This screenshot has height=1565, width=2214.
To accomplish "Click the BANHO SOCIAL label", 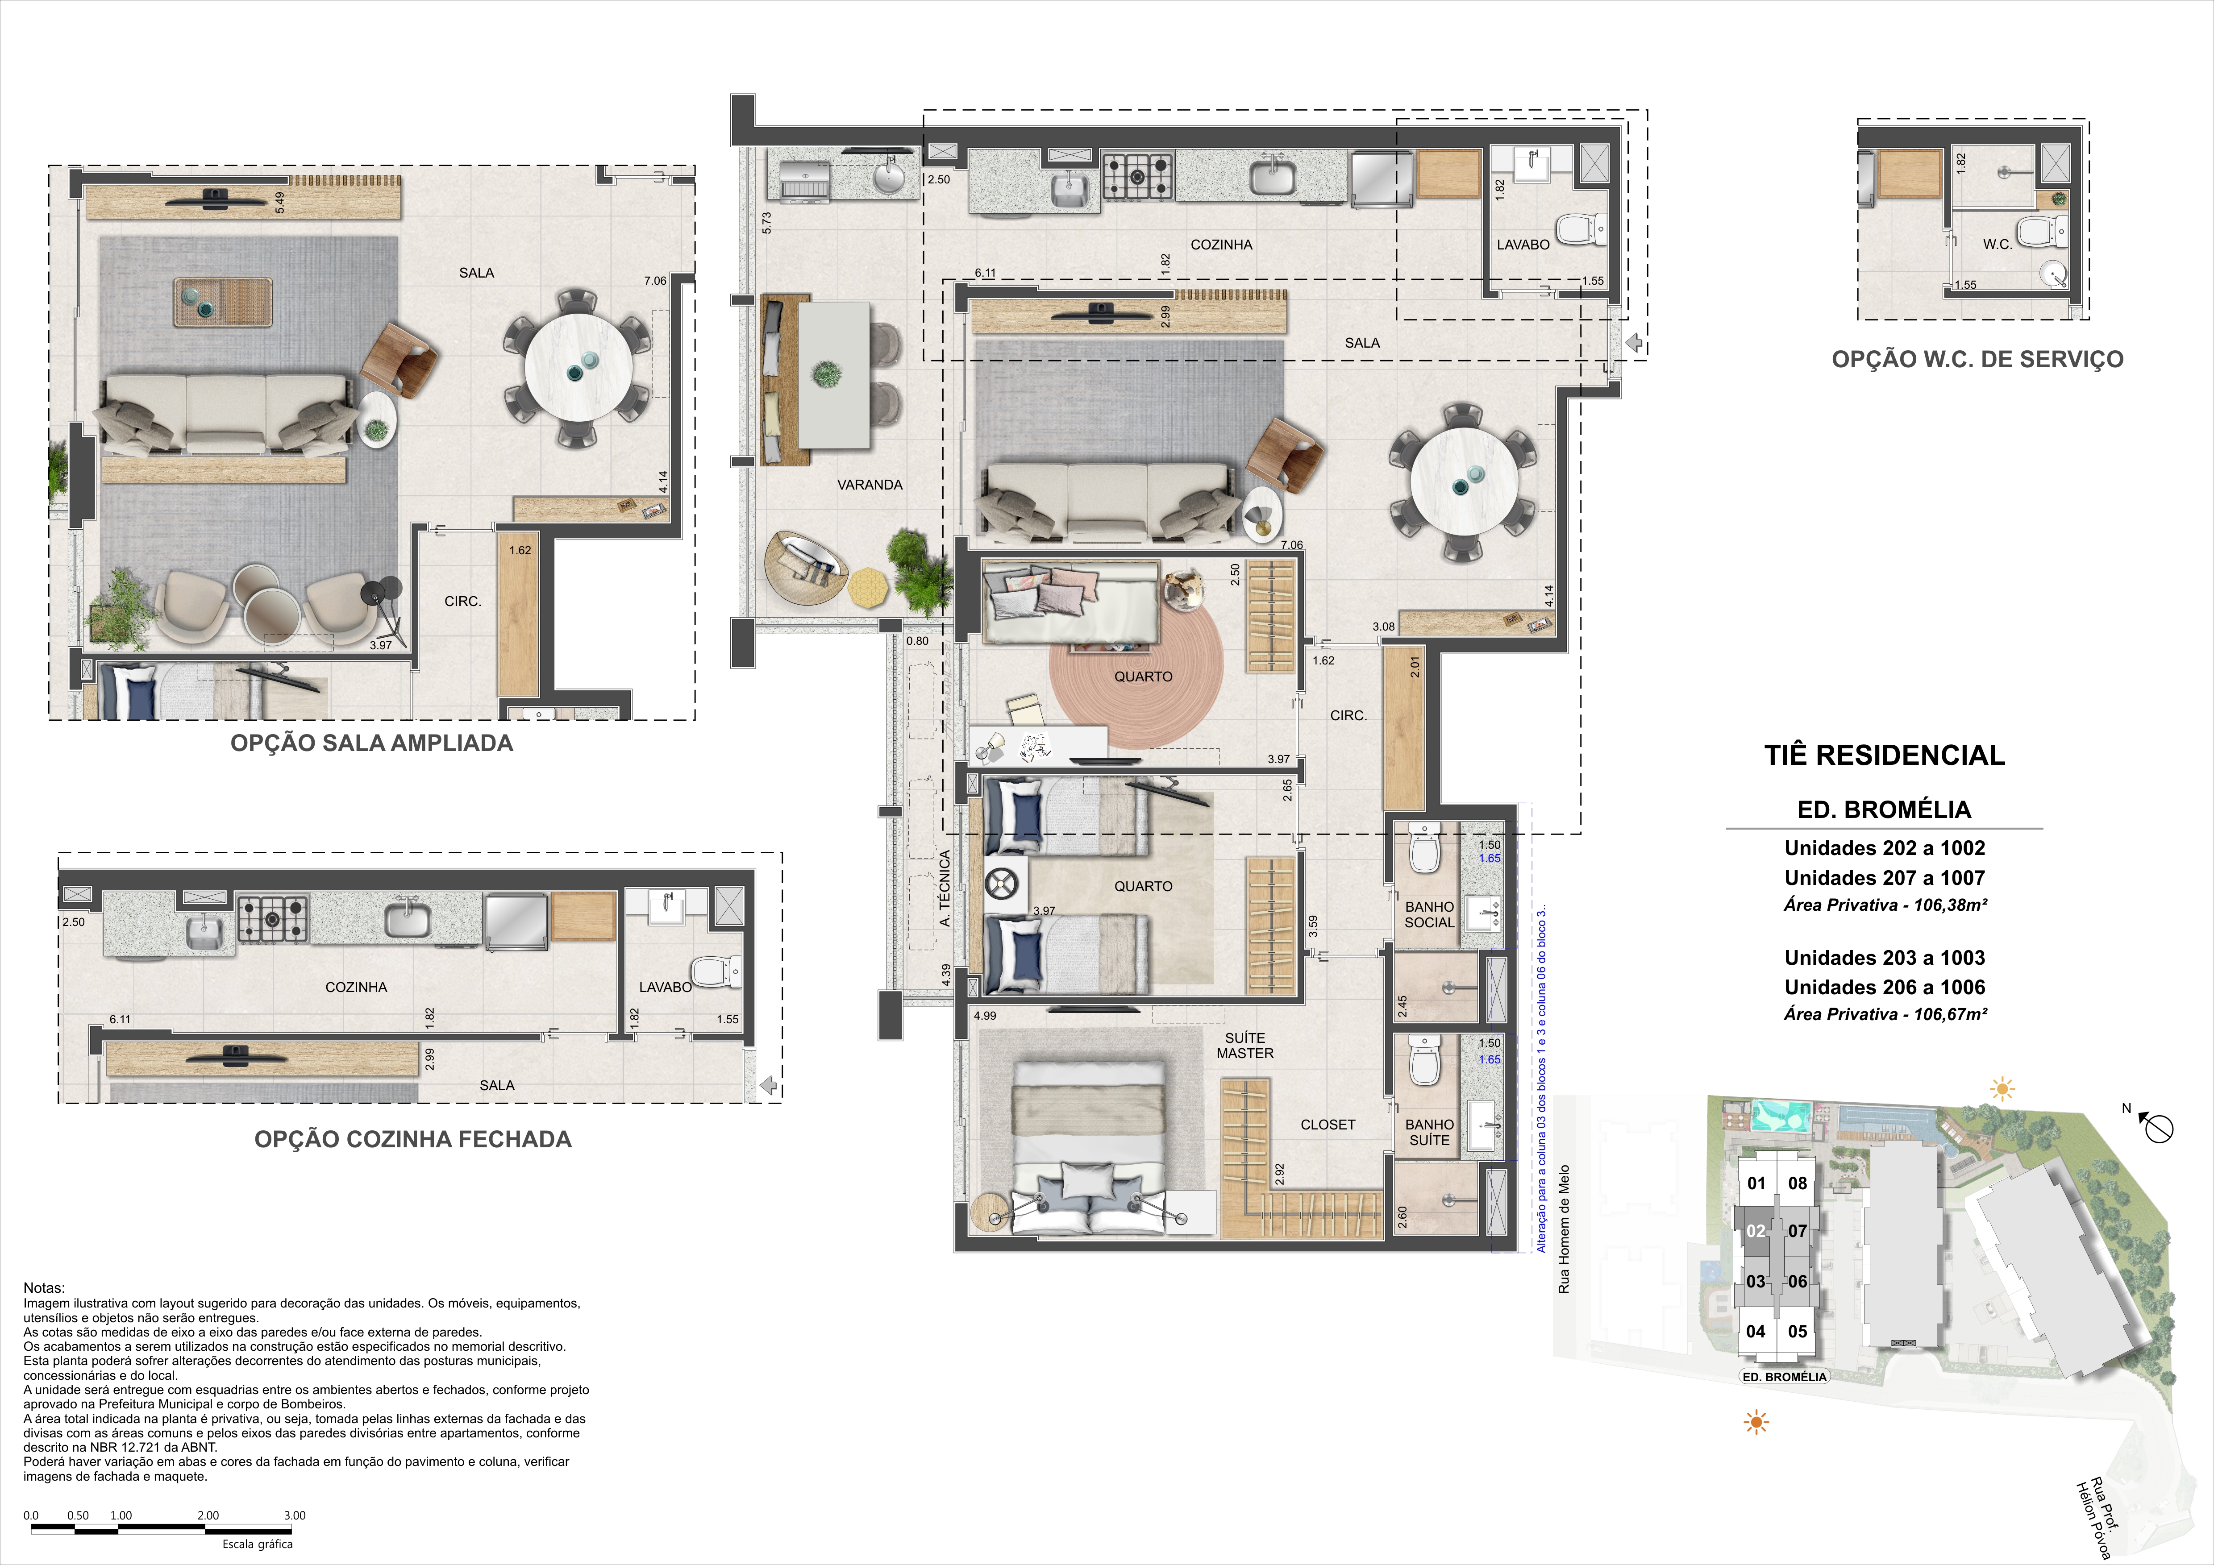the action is (x=1429, y=914).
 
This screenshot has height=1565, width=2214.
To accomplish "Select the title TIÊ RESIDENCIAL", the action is (x=1884, y=755).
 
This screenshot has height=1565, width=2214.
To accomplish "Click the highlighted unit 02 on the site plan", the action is (x=1756, y=1231).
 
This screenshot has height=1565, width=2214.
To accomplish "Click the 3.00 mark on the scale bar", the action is (x=294, y=1515).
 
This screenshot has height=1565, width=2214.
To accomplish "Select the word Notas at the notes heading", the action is (x=44, y=1287).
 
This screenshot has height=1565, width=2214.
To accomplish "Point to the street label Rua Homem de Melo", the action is (x=1564, y=1229).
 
